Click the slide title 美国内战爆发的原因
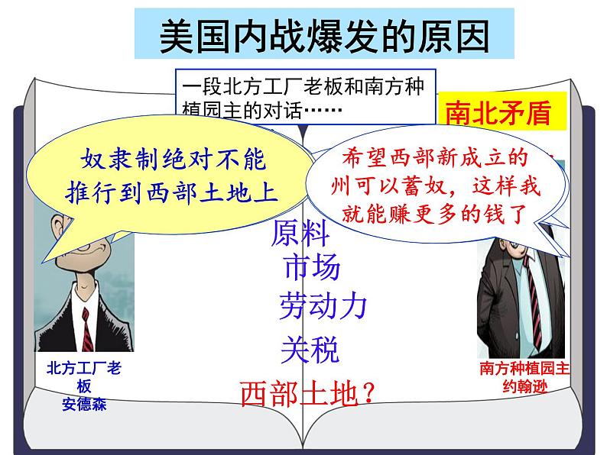pyautogui.click(x=324, y=37)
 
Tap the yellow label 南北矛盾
pyautogui.click(x=498, y=113)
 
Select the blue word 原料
pyautogui.click(x=300, y=233)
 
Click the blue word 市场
pyautogui.click(x=312, y=266)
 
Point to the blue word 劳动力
pyautogui.click(x=323, y=305)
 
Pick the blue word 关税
pyautogui.click(x=310, y=350)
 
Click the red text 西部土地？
pyautogui.click(x=308, y=393)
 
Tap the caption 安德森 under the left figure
pyautogui.click(x=84, y=405)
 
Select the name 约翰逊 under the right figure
pyautogui.click(x=525, y=386)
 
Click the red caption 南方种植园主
pyautogui.click(x=524, y=369)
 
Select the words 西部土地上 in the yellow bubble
pyautogui.click(x=212, y=192)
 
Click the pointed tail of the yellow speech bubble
pyautogui.click(x=44, y=262)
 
